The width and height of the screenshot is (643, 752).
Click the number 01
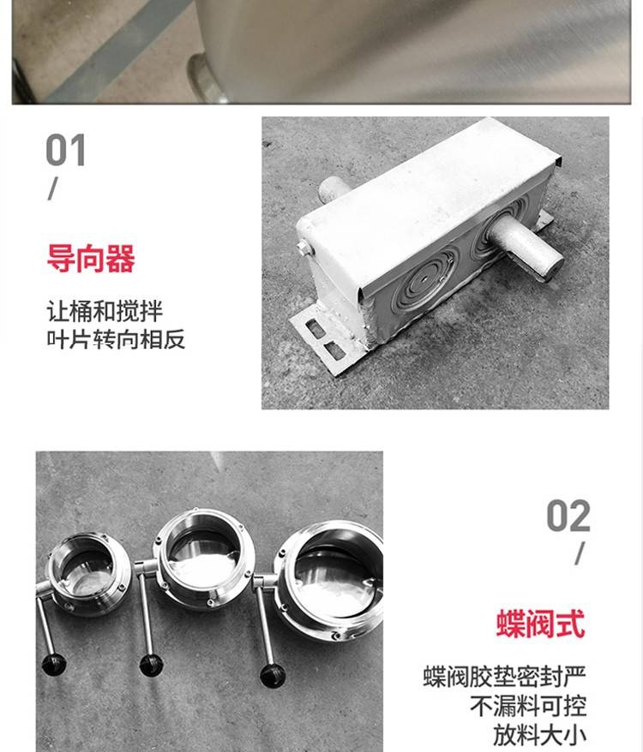click(x=66, y=150)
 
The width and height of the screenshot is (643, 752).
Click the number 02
click(x=568, y=516)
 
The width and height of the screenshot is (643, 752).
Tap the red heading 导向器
click(x=91, y=258)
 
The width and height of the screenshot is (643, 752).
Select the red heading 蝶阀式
click(x=541, y=624)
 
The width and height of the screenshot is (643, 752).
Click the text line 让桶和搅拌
click(x=105, y=311)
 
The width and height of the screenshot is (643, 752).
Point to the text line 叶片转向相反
click(x=116, y=339)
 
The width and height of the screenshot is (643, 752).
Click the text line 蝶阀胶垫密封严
click(x=504, y=677)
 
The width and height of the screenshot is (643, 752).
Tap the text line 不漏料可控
click(x=528, y=706)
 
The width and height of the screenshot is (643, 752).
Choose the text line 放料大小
click(x=539, y=735)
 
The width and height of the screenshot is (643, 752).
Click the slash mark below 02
click(x=580, y=553)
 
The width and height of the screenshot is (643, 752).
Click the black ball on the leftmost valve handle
click(x=54, y=665)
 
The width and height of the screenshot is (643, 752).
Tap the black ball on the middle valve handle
click(x=151, y=665)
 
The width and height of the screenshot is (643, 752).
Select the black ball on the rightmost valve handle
click(x=273, y=675)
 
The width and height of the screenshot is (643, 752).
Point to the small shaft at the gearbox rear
click(x=333, y=189)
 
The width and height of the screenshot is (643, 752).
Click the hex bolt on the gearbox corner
click(x=304, y=248)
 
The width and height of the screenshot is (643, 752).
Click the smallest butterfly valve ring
click(x=88, y=573)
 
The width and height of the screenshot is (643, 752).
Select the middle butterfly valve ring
click(x=203, y=559)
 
